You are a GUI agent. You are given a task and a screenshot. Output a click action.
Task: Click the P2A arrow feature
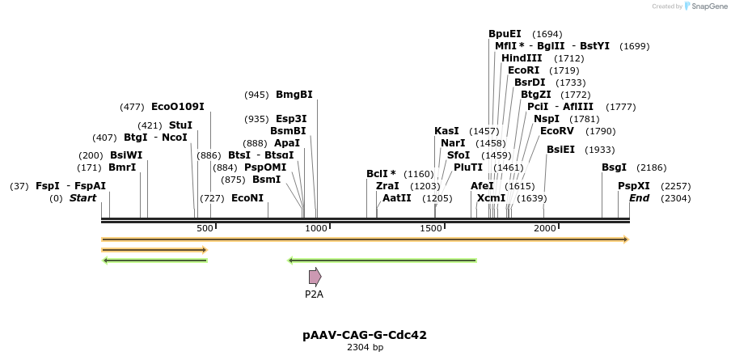click(x=315, y=277)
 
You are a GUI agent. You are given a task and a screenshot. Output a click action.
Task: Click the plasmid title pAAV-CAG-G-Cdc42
click(x=365, y=335)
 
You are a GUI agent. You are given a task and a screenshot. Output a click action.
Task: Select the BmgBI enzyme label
click(x=294, y=95)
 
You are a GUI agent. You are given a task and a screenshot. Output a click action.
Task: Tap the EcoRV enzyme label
click(x=556, y=131)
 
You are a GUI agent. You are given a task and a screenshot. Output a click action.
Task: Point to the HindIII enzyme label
click(x=522, y=58)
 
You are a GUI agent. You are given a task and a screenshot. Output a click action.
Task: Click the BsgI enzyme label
click(x=614, y=167)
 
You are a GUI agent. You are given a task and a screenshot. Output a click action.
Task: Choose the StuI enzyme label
click(x=180, y=125)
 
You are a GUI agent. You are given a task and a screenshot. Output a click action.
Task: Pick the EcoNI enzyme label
click(x=247, y=198)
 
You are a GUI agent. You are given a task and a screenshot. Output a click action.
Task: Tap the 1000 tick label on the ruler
click(x=316, y=229)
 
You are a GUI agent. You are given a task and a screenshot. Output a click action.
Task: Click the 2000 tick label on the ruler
click(x=545, y=229)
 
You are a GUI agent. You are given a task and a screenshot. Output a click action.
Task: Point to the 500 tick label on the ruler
click(x=205, y=229)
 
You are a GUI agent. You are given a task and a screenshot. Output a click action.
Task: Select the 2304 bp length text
click(x=365, y=348)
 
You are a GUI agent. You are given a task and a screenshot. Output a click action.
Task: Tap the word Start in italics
click(x=82, y=198)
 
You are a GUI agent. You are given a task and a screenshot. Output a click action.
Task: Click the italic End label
click(x=639, y=198)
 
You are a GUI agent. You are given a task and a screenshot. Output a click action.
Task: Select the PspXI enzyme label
click(x=634, y=186)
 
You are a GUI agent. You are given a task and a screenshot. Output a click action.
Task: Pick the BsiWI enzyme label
click(x=126, y=155)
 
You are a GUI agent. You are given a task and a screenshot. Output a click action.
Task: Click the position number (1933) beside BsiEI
click(x=599, y=150)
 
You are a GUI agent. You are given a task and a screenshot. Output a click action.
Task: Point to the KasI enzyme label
click(x=446, y=131)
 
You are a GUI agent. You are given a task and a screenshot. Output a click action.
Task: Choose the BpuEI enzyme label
click(x=505, y=34)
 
